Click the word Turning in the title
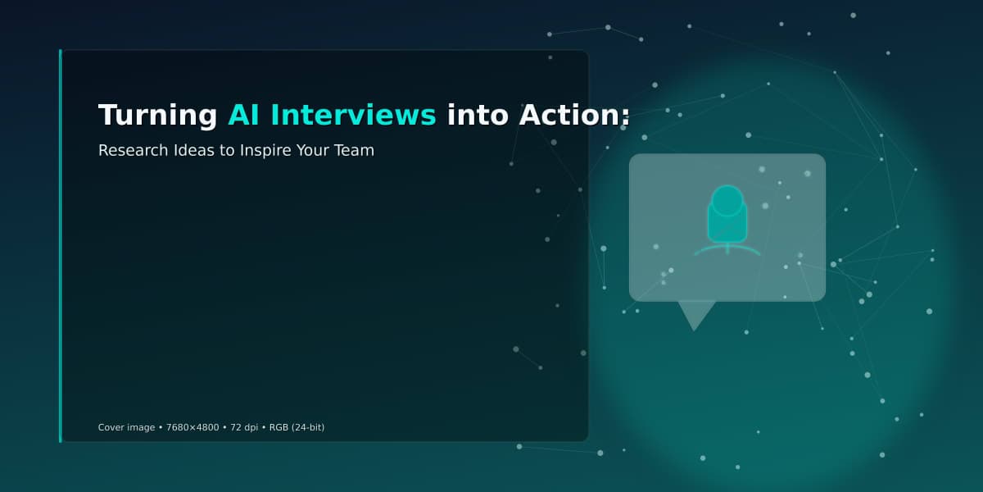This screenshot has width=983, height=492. (157, 116)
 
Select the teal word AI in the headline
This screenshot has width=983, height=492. (243, 115)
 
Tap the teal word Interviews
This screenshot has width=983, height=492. (353, 115)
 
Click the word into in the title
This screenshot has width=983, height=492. (478, 115)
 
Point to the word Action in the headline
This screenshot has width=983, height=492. (569, 115)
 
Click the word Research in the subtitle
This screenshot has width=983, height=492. (134, 150)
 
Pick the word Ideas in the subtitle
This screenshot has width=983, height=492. (193, 150)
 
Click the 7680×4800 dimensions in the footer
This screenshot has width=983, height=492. (193, 427)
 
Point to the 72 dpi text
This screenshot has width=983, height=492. (244, 427)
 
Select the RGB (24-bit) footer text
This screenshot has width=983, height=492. (297, 427)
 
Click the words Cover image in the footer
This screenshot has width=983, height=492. (126, 427)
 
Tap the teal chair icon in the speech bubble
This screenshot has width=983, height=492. (727, 221)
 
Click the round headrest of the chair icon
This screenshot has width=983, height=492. (727, 200)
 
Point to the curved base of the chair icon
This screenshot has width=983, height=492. (727, 249)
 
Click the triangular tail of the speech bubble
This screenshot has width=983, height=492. (695, 312)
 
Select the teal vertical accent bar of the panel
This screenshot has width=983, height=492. (61, 246)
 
